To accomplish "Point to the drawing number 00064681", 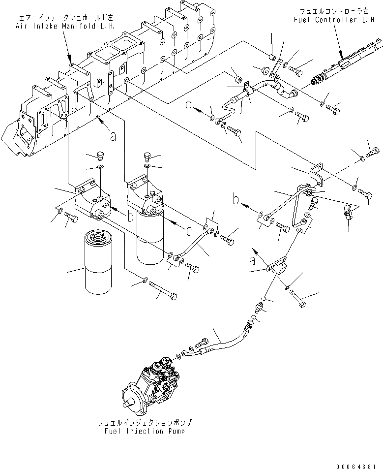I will [x=359, y=465].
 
